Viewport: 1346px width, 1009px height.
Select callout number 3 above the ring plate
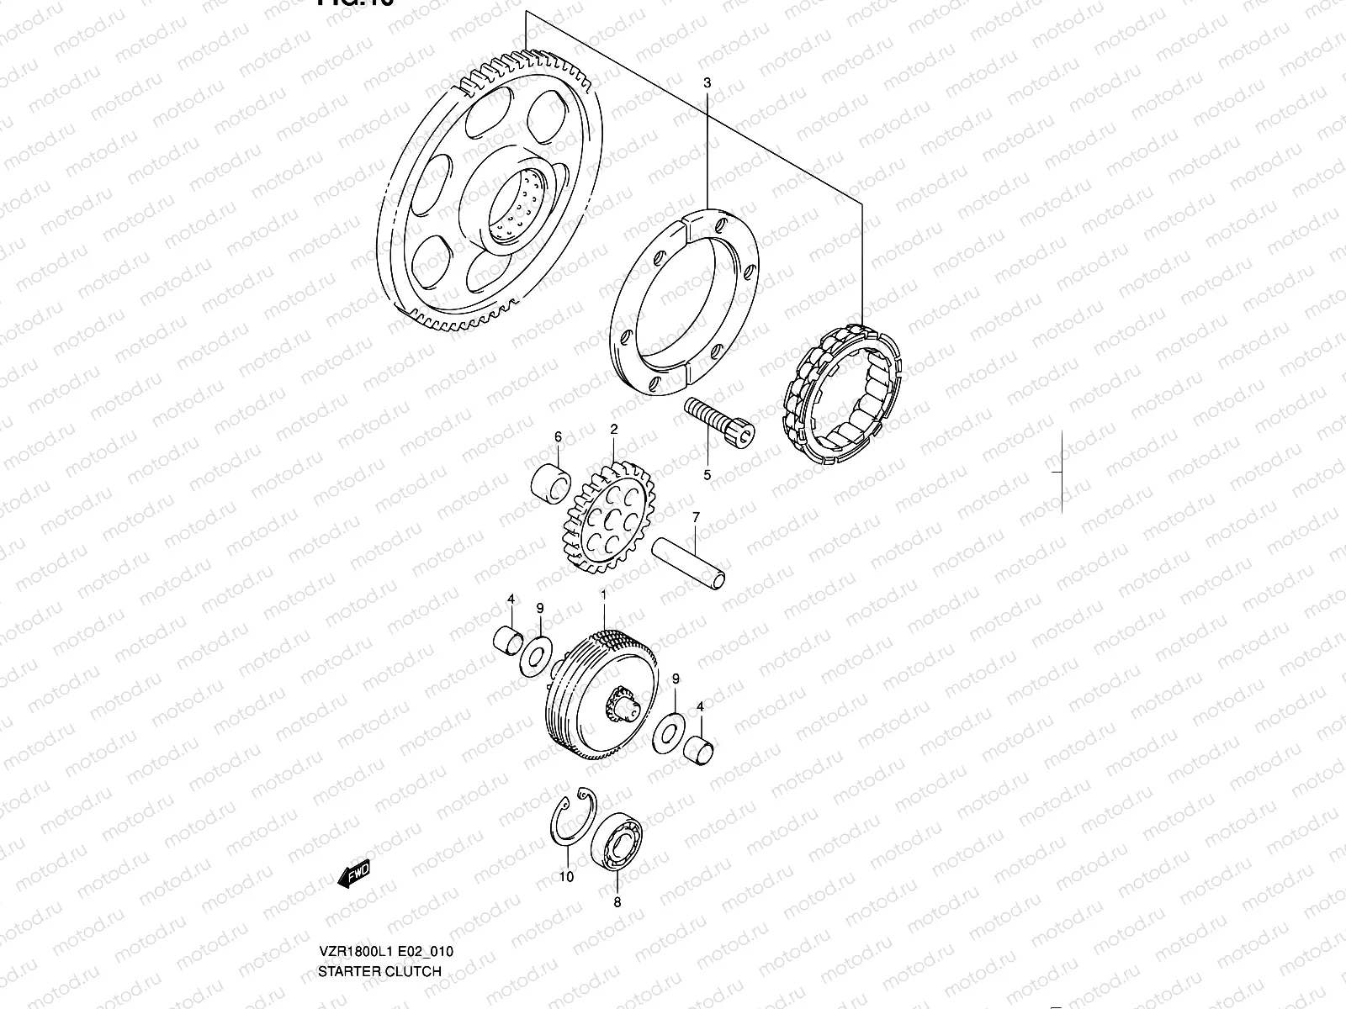(x=707, y=83)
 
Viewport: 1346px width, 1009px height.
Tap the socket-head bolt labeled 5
(x=720, y=420)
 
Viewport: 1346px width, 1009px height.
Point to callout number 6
(x=557, y=436)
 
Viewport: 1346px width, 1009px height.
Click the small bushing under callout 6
(x=552, y=482)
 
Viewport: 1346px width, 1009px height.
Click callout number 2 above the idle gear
(x=614, y=430)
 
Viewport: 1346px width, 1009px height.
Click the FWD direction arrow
(x=354, y=874)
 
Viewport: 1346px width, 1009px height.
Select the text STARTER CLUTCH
(x=379, y=971)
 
